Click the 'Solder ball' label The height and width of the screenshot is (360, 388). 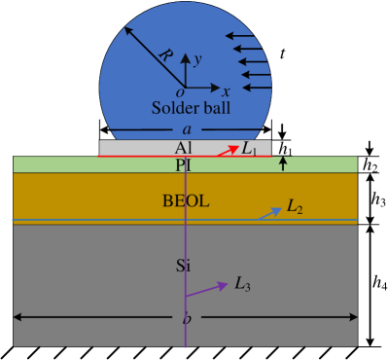click(x=191, y=107)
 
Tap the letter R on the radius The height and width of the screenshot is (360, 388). click(x=164, y=56)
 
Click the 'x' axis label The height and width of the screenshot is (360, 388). click(x=226, y=91)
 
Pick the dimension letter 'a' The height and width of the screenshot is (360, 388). click(x=186, y=128)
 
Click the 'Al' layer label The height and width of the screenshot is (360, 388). click(x=185, y=147)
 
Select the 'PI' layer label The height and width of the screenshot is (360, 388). click(x=185, y=164)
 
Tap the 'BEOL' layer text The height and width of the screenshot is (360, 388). click(x=185, y=201)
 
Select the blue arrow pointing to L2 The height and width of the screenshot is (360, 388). click(x=269, y=214)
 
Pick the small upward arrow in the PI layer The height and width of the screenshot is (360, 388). click(x=283, y=164)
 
